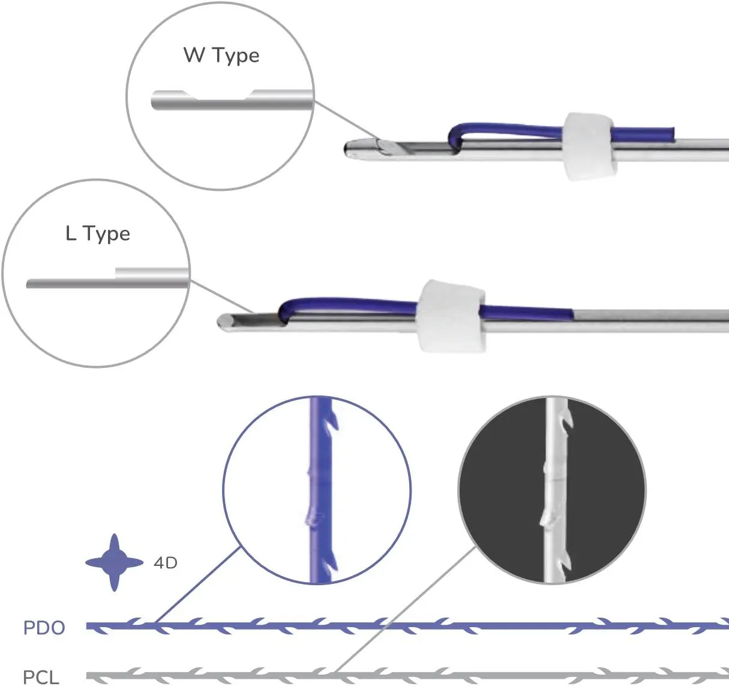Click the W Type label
221,55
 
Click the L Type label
98,233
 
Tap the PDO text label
44,628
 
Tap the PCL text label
41,677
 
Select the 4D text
166,563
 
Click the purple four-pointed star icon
115,562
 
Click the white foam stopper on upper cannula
588,146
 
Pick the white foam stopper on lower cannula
451,316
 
